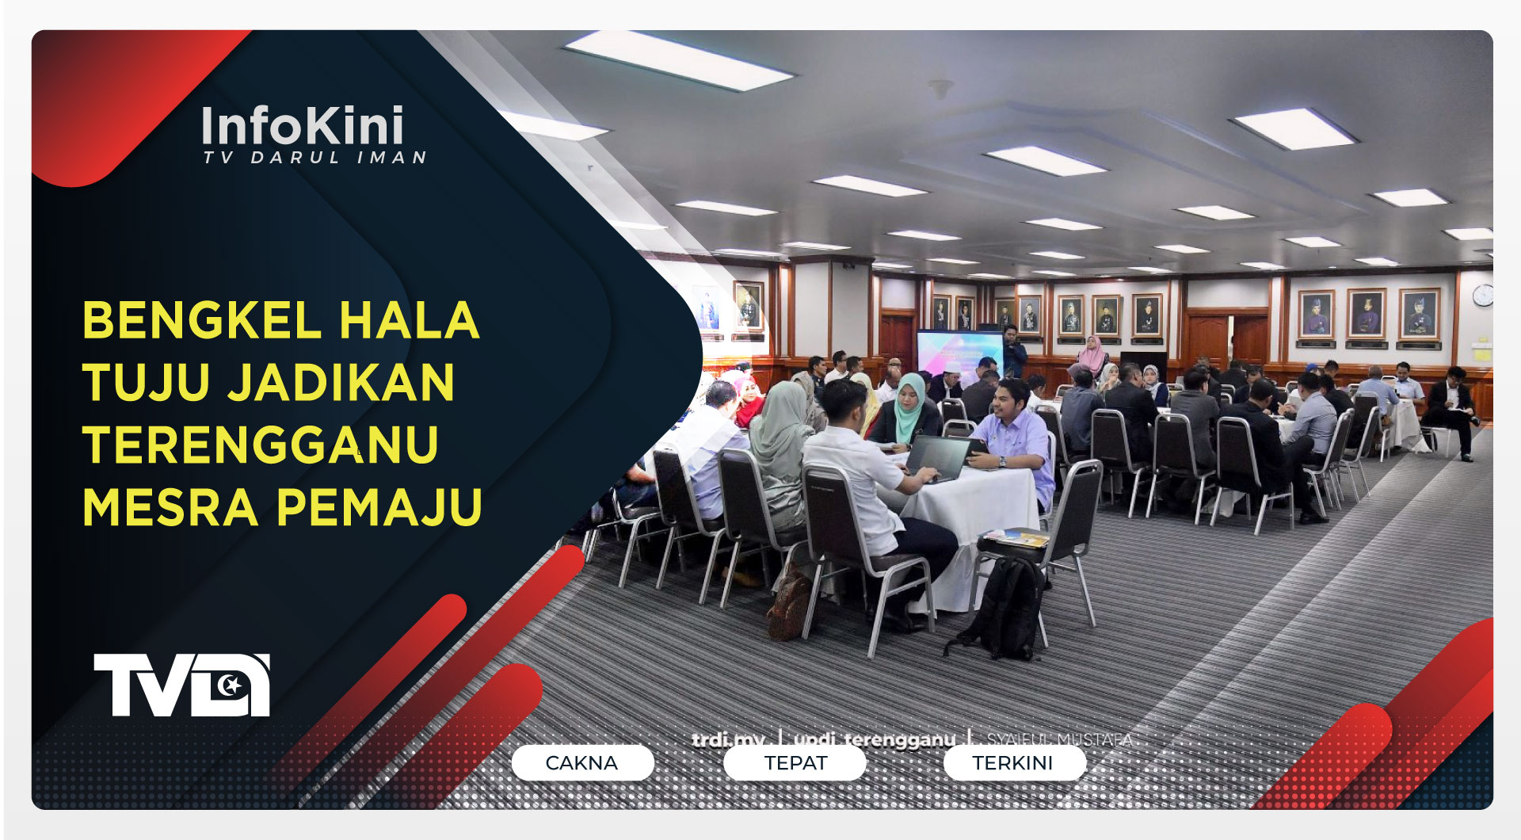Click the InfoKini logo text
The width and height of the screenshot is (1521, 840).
point(303,126)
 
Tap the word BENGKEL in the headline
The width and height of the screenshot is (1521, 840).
point(201,321)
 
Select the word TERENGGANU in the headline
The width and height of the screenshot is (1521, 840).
point(261,445)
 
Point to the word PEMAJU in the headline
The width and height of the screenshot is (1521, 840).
point(379,507)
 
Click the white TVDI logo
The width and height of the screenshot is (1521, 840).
point(182,685)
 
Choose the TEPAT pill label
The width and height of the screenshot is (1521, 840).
point(795,763)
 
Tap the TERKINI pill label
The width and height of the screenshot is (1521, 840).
point(1012,763)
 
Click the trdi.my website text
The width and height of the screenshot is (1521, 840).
point(728,739)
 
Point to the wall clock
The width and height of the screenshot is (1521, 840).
point(1483,295)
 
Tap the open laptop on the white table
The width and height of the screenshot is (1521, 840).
point(939,458)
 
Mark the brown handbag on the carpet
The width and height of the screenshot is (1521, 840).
point(789,606)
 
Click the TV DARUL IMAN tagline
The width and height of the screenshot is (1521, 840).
point(314,158)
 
